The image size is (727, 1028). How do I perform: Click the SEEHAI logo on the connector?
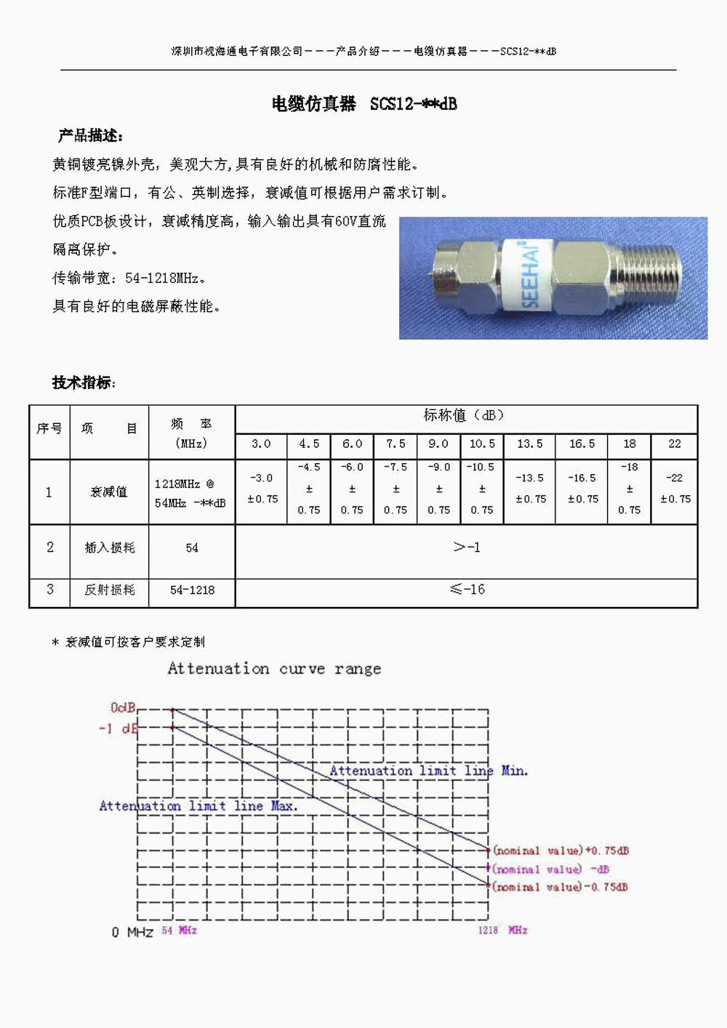(531, 275)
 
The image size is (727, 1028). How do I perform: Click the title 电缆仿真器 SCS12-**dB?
(364, 104)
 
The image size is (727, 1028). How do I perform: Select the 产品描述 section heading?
(91, 136)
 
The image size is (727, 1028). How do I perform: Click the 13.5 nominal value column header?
(529, 443)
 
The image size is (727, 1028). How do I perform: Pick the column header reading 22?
(675, 443)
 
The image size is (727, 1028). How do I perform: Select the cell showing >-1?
(466, 547)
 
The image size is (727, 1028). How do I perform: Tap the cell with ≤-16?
(466, 590)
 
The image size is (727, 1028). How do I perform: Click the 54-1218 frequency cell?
(192, 590)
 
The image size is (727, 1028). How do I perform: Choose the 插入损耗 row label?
(110, 547)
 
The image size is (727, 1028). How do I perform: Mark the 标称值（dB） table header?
(465, 415)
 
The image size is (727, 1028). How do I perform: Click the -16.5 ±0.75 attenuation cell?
(582, 489)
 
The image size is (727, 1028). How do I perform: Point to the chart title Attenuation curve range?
(274, 669)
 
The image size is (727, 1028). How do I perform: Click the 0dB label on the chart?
(123, 707)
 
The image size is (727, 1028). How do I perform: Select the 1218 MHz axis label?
(502, 930)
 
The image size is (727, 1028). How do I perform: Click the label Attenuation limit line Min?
(429, 771)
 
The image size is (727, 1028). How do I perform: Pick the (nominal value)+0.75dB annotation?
(561, 851)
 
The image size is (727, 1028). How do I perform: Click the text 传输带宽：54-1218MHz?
(129, 278)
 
